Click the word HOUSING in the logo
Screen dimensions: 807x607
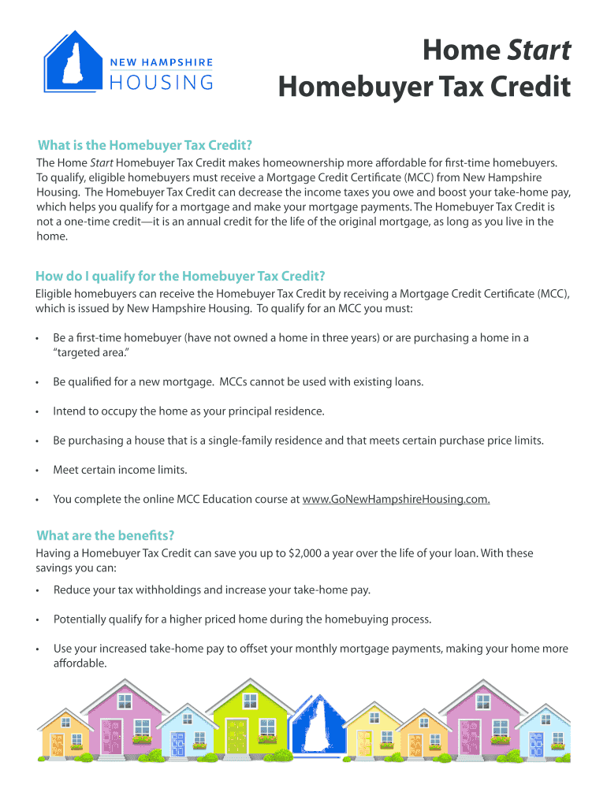(x=162, y=82)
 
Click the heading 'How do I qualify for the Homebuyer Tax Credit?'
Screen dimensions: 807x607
(x=181, y=276)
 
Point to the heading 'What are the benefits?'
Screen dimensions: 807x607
(x=106, y=536)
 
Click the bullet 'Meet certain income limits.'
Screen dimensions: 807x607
(x=120, y=470)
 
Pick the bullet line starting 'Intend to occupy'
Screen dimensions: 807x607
(x=188, y=411)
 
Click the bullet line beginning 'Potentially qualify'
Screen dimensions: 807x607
(x=242, y=619)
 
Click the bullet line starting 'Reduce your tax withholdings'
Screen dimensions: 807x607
(x=211, y=589)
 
